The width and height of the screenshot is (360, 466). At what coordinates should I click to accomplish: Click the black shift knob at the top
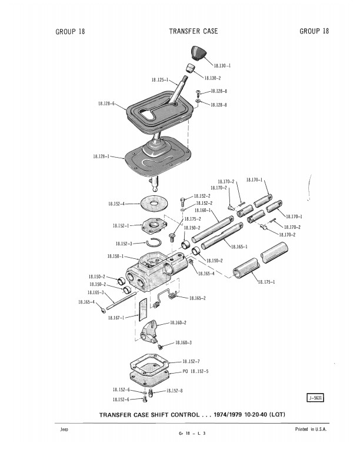tap(198, 53)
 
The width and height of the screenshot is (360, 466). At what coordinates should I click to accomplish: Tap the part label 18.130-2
tap(212, 78)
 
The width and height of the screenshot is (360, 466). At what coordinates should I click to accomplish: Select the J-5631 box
tap(315, 398)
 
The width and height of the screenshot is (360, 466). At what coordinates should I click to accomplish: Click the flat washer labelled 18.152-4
tap(154, 203)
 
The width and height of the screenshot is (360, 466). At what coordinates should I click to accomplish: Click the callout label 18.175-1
tap(266, 282)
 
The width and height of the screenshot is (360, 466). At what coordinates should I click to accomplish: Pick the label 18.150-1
tap(115, 256)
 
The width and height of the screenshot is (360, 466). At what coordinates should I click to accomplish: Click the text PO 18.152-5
tap(195, 371)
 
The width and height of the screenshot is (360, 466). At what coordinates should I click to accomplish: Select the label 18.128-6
tap(106, 104)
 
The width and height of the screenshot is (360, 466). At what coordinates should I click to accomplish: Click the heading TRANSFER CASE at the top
tap(194, 31)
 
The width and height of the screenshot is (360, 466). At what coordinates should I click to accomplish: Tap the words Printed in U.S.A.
tap(311, 429)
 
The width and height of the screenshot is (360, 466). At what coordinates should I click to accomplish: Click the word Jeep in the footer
tap(64, 430)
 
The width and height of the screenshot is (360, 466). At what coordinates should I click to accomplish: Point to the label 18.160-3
tap(184, 342)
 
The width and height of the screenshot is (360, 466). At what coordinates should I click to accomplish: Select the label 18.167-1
tap(116, 318)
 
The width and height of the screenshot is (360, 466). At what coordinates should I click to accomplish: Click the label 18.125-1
tap(160, 79)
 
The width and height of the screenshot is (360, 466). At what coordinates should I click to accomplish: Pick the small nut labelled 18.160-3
tap(159, 347)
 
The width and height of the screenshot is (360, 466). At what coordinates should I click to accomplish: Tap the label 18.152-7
tap(191, 361)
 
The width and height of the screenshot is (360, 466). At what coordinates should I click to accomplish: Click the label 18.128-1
tap(101, 156)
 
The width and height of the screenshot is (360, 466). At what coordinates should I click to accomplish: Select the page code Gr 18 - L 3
tap(192, 433)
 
